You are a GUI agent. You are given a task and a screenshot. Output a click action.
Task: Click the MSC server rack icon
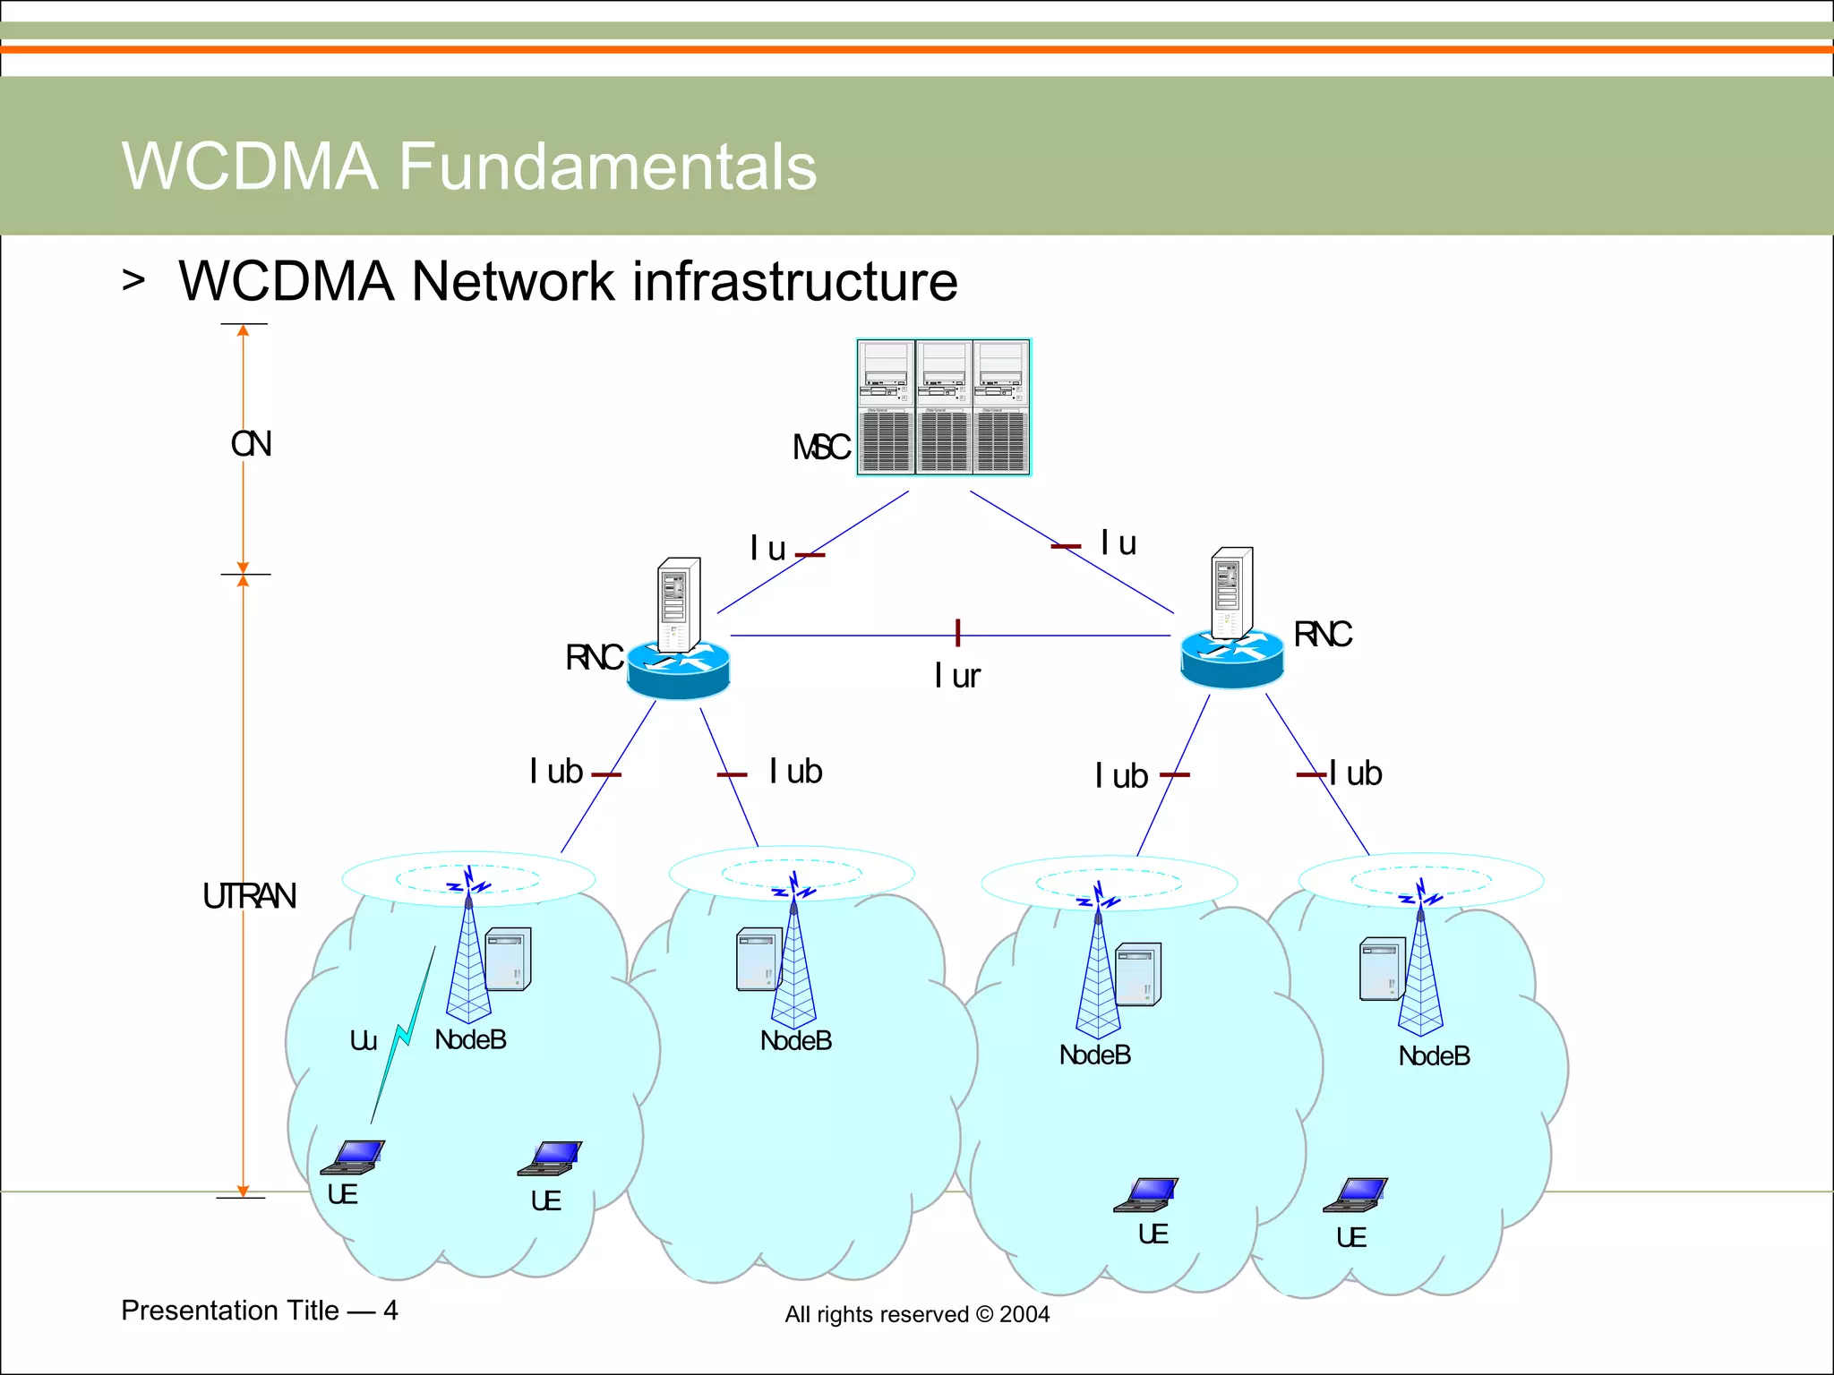point(943,407)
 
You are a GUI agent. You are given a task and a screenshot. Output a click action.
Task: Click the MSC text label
point(820,448)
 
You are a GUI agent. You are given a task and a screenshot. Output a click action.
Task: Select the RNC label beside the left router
point(593,658)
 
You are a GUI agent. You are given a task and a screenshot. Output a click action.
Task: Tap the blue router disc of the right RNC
point(1231,658)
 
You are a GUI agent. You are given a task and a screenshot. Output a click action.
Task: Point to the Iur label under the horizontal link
point(956,676)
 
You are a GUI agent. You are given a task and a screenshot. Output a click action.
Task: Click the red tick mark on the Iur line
point(957,632)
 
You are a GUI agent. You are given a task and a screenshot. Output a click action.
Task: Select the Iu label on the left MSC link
point(767,548)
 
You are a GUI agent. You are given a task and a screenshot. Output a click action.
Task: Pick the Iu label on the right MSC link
point(1118,542)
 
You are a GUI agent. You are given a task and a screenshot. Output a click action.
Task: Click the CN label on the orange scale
point(251,444)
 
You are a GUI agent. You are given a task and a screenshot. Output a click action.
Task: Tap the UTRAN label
point(249,896)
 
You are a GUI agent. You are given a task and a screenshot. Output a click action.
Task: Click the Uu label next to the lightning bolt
point(363,1040)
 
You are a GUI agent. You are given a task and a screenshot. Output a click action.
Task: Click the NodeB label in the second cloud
point(795,1041)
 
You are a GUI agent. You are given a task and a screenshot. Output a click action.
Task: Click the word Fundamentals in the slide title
point(606,167)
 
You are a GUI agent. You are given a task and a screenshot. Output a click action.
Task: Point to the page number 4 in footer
point(390,1311)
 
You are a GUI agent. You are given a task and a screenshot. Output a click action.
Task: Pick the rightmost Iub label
point(1355,773)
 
